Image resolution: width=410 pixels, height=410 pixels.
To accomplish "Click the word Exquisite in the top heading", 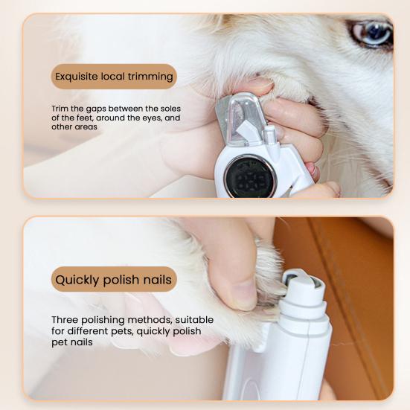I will tap(81, 76).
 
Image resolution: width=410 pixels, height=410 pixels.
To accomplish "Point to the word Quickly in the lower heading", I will tap(78, 280).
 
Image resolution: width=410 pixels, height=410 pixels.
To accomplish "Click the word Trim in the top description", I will tap(61, 108).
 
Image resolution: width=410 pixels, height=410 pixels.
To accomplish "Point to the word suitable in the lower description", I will tap(194, 320).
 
